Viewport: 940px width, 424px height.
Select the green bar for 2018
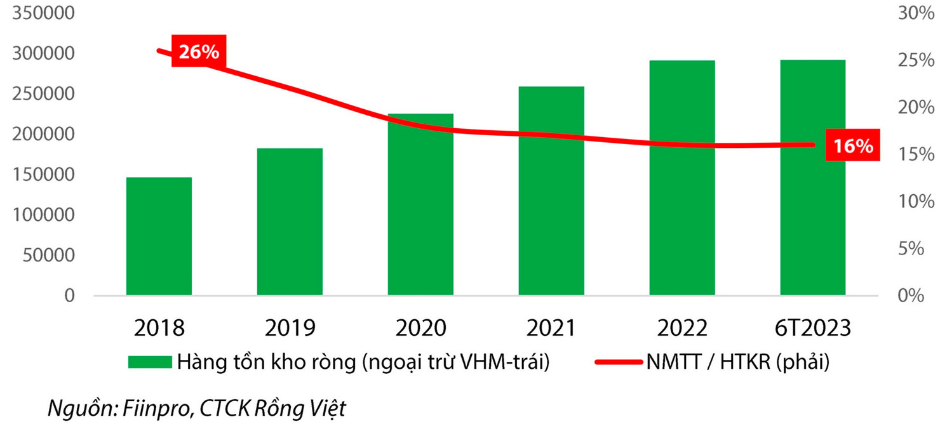159,236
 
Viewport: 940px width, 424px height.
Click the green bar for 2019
290,222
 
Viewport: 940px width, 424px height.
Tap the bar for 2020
420,204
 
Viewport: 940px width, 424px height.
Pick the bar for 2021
551,190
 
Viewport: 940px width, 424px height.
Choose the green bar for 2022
682,178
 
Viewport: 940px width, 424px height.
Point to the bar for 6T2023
813,178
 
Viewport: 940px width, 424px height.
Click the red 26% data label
198,52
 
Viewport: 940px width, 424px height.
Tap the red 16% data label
853,146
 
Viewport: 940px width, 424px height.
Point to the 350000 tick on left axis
43,14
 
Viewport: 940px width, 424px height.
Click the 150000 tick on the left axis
43,175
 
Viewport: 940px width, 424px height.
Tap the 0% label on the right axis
911,296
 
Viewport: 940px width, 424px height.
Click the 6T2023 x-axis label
813,328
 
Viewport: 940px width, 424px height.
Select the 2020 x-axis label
420,328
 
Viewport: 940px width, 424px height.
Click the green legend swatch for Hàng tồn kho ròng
150,362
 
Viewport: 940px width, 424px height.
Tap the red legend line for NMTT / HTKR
619,362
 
